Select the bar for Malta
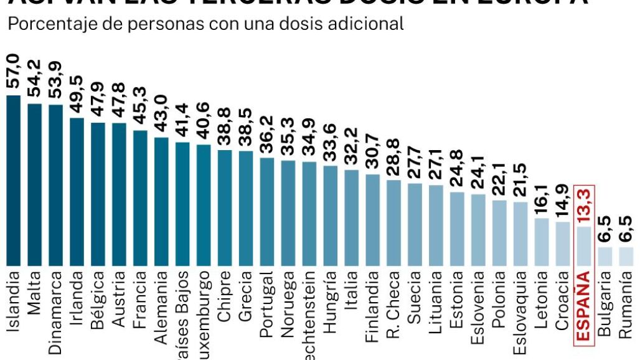pyautogui.click(x=34, y=184)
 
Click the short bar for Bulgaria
pyautogui.click(x=605, y=255)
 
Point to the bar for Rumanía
pyautogui.click(x=626, y=255)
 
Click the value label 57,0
pyautogui.click(x=13, y=72)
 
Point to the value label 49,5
pyautogui.click(x=77, y=95)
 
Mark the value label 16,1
pyautogui.click(x=542, y=196)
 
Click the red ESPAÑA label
pyautogui.click(x=584, y=306)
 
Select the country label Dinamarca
pyautogui.click(x=55, y=311)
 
